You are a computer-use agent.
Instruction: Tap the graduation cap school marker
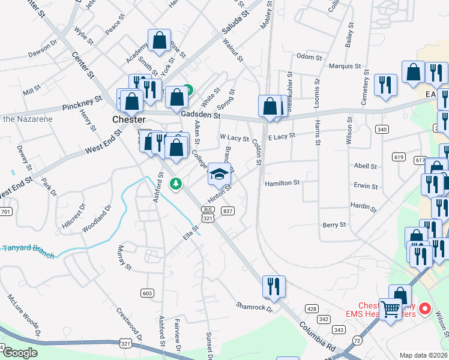point(219,175)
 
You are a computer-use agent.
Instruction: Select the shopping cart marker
point(391,310)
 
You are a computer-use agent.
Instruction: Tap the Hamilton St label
point(282,184)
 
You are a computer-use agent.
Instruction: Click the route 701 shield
point(6,212)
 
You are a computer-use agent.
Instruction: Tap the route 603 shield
point(147,293)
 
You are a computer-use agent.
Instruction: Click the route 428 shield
point(311,308)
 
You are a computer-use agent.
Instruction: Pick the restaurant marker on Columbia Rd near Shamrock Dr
point(274,288)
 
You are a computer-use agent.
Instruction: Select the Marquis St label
point(345,66)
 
